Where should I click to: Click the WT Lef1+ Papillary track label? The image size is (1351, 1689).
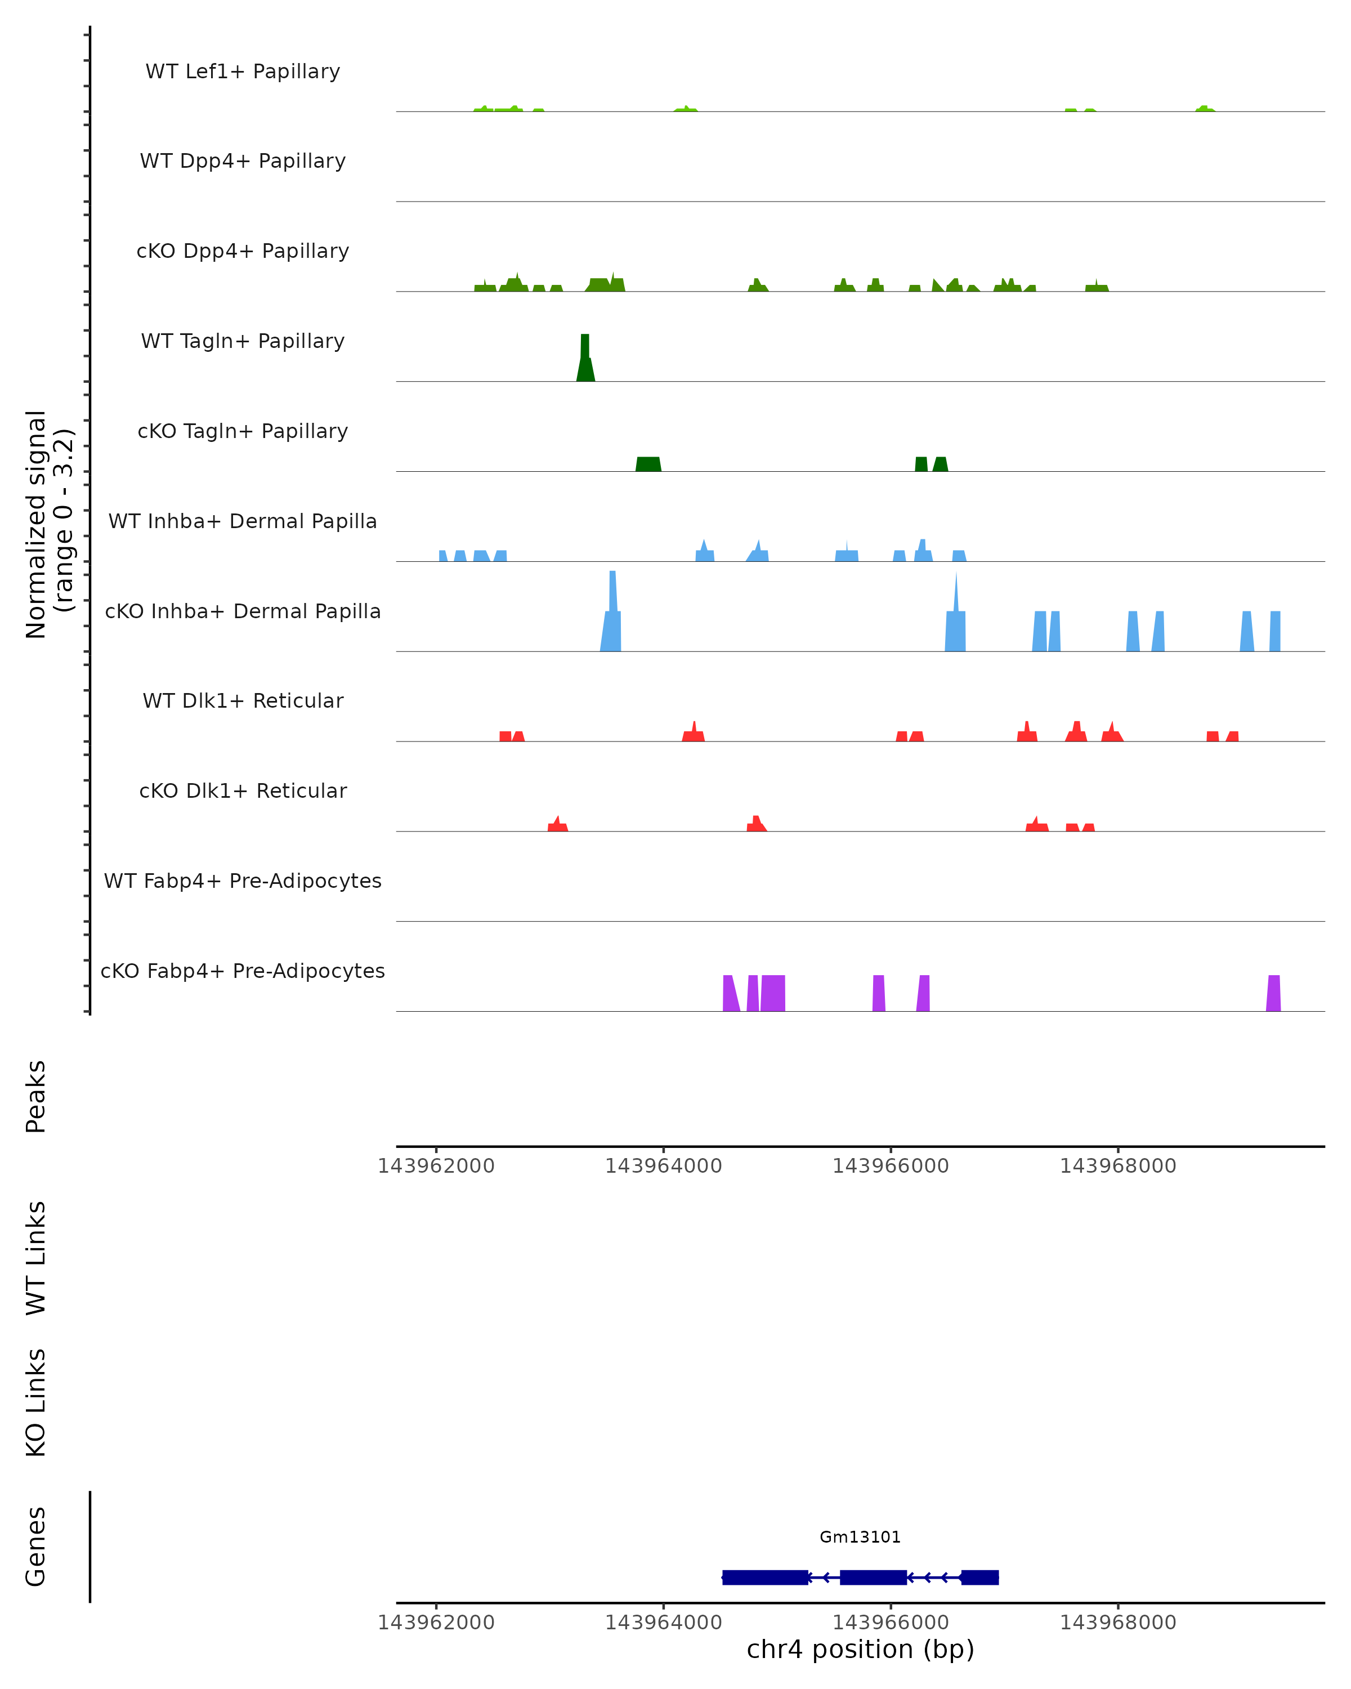click(243, 72)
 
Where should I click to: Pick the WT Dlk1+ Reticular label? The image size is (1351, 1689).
click(243, 700)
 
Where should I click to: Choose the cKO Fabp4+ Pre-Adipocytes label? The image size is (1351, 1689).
click(243, 971)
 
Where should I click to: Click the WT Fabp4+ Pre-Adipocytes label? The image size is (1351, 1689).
click(243, 881)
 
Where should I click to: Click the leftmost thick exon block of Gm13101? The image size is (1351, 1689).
click(765, 1577)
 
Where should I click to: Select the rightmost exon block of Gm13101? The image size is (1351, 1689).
click(980, 1577)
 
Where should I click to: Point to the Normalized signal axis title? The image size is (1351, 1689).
click(48, 524)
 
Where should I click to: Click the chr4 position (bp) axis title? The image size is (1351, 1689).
click(860, 1649)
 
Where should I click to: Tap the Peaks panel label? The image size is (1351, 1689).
click(36, 1096)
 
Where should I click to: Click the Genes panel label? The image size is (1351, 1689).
click(36, 1547)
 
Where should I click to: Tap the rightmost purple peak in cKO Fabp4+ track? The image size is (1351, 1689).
click(1273, 993)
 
